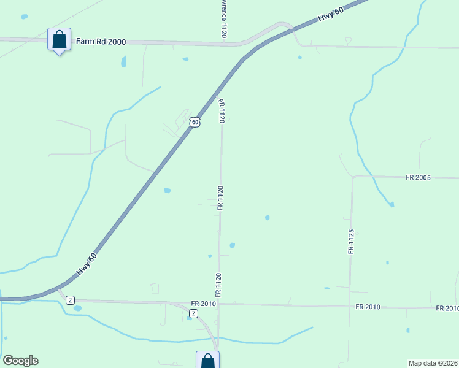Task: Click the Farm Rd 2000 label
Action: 101,42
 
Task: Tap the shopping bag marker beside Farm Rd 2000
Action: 59,39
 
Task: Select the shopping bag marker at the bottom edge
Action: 207,361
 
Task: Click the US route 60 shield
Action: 195,122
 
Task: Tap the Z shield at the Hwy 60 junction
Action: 71,300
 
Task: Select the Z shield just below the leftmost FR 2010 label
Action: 194,313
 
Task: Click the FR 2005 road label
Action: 418,177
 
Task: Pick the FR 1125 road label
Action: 351,242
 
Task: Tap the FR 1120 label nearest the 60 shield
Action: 222,112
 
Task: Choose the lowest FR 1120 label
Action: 217,285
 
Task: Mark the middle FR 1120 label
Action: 220,198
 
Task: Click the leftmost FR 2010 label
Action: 204,304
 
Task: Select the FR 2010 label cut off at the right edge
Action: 447,308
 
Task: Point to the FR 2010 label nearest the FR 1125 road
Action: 368,306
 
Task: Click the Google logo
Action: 20,361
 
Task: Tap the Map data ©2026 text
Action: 433,363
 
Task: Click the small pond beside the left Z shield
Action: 77,308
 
